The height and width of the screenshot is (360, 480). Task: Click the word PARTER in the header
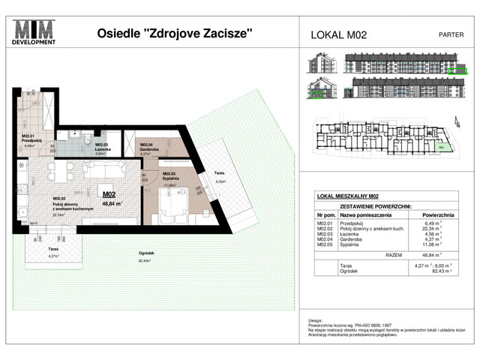(450, 34)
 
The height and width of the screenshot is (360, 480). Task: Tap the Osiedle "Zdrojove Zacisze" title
(175, 34)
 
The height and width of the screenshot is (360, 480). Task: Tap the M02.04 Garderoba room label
(142, 146)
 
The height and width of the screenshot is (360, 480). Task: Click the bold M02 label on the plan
(107, 193)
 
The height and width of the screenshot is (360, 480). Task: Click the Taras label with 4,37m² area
(54, 250)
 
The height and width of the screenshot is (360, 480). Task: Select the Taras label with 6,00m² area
(220, 176)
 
